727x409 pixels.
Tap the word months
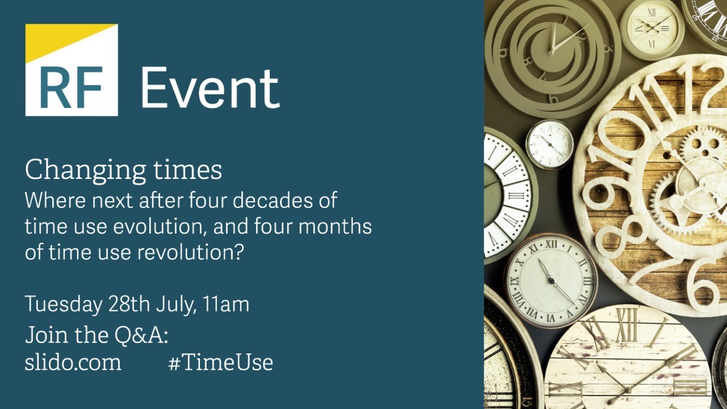[x=336, y=227]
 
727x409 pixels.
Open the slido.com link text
[x=73, y=362]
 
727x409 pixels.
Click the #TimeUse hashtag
[x=220, y=362]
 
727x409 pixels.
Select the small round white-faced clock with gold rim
[x=549, y=144]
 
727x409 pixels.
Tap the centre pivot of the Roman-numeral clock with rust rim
[x=550, y=280]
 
